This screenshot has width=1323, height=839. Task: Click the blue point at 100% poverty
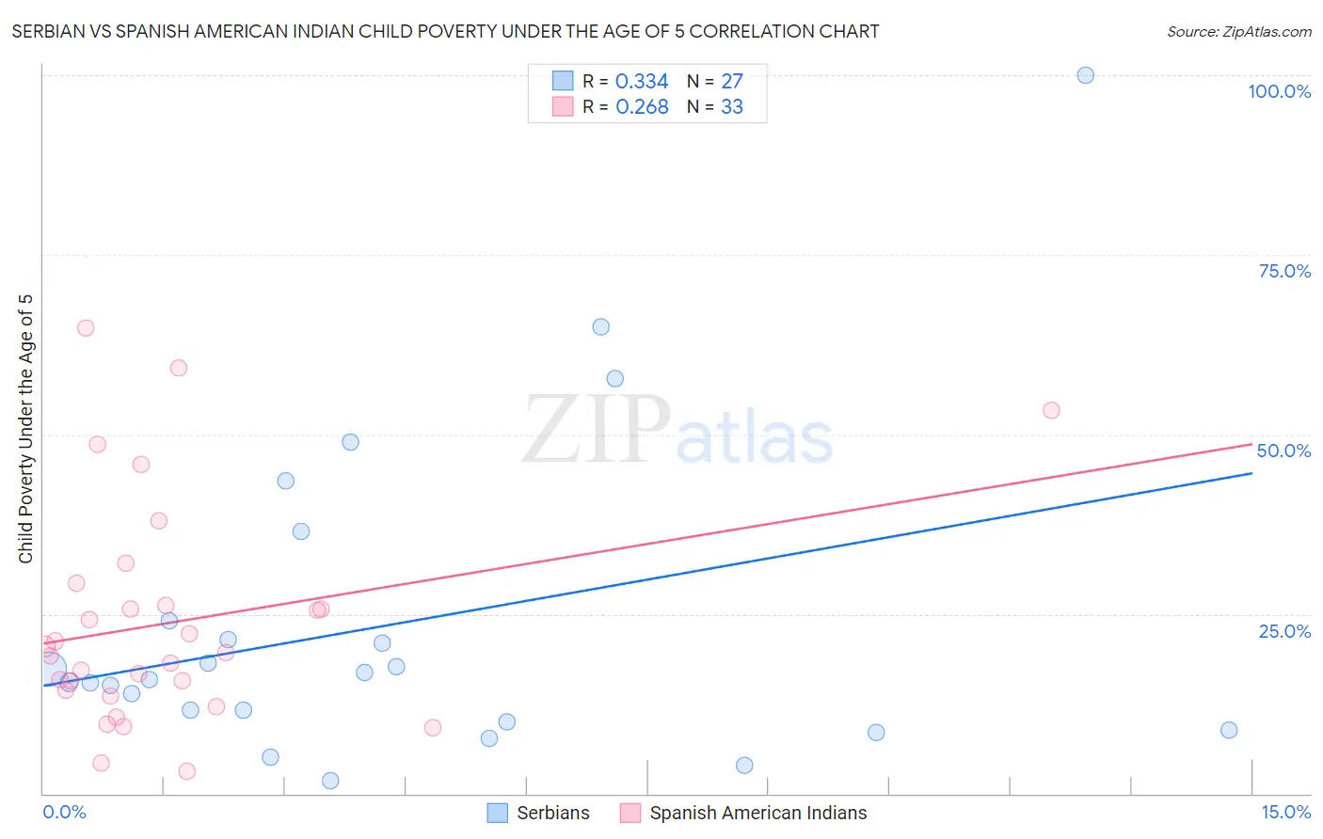click(1085, 75)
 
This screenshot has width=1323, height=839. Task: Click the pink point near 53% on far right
click(1051, 410)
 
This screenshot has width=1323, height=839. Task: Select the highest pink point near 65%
click(86, 328)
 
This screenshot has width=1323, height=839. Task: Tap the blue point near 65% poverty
click(600, 327)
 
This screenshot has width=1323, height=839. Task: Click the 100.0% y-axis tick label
click(1279, 91)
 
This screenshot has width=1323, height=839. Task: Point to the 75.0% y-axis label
click(1284, 271)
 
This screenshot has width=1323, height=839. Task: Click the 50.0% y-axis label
click(1283, 451)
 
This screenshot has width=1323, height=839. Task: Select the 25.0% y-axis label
click(1284, 630)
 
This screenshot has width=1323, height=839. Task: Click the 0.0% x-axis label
click(64, 812)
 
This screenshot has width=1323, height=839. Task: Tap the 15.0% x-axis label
click(1285, 812)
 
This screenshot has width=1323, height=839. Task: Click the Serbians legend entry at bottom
click(552, 813)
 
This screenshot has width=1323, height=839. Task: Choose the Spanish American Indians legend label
click(757, 813)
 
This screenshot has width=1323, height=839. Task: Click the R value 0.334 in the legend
click(642, 82)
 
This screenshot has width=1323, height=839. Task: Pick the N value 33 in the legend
click(732, 107)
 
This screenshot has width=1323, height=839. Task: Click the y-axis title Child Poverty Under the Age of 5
click(25, 429)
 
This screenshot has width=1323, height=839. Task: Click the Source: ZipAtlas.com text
click(1238, 32)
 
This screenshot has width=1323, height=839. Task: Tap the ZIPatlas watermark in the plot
click(677, 432)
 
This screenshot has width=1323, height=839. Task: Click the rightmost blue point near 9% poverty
click(1229, 730)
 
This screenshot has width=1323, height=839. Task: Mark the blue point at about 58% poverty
click(614, 379)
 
